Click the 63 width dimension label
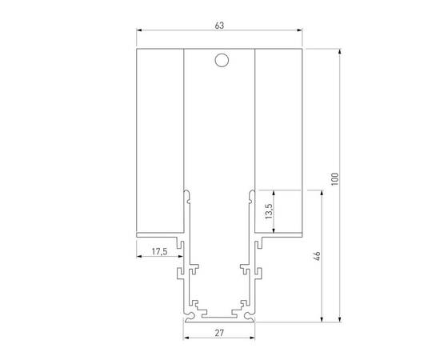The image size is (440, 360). pyautogui.click(x=219, y=26)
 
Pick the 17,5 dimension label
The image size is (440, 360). pyautogui.click(x=158, y=253)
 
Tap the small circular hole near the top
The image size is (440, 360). pyautogui.click(x=220, y=60)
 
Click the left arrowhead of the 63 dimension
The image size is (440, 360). pyautogui.click(x=138, y=34)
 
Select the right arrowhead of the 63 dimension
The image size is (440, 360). pyautogui.click(x=302, y=34)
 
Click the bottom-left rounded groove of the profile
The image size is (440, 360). pyautogui.click(x=195, y=305)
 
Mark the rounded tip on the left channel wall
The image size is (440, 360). pyautogui.click(x=186, y=193)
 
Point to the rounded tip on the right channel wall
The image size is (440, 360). pyautogui.click(x=252, y=193)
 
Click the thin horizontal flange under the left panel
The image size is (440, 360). pyautogui.click(x=160, y=234)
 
